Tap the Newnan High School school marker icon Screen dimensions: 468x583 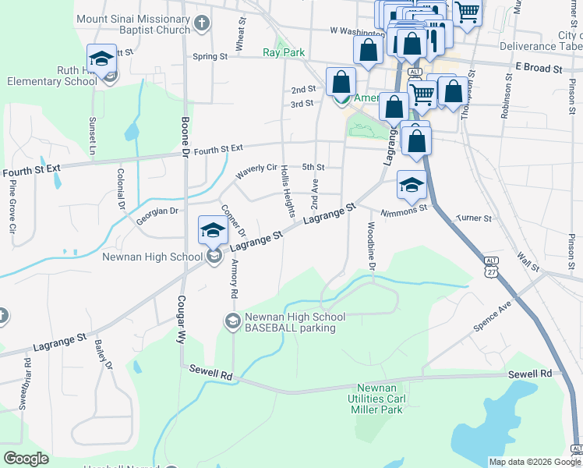point(212,229)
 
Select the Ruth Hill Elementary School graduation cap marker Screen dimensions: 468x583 point(101,58)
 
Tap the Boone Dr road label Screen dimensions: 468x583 point(185,136)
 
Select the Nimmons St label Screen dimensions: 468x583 point(405,211)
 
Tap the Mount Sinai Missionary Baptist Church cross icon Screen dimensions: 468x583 point(201,22)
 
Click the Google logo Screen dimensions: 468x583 point(26,459)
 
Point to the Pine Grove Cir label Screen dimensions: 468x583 point(12,209)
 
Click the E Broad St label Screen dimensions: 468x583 point(539,69)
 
